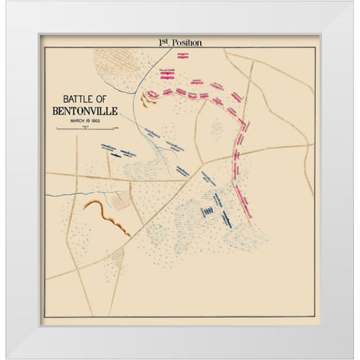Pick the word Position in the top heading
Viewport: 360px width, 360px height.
point(187,43)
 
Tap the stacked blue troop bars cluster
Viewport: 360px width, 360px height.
point(207,211)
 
